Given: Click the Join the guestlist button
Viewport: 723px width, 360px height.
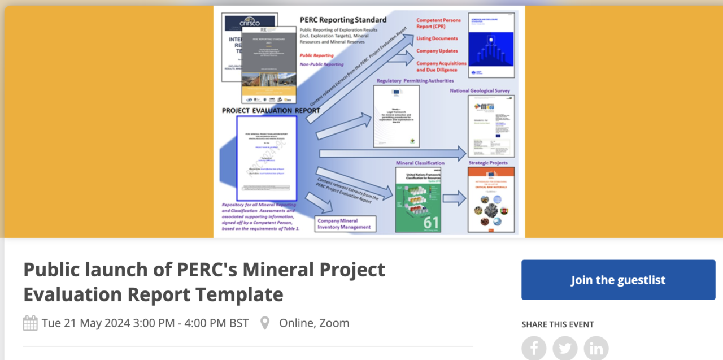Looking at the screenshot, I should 618,280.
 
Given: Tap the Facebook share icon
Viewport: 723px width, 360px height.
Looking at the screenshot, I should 534,348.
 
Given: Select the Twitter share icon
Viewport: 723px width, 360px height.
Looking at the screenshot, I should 565,348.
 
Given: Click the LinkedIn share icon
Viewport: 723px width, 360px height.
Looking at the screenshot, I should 596,348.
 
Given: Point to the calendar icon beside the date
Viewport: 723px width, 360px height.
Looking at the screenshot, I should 31,323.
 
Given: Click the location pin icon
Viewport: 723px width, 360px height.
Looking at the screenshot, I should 264,323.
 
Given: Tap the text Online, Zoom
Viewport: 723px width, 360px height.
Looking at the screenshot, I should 314,323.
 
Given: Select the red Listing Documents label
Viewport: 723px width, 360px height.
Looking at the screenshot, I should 437,38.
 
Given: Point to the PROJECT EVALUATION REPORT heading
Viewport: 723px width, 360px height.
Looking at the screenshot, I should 271,110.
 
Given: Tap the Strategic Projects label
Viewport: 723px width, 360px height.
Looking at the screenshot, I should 487,163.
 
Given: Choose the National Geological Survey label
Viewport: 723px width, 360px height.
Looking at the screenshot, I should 480,90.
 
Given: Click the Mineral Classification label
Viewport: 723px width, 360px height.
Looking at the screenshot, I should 420,163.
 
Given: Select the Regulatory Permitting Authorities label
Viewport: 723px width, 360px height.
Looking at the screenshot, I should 415,81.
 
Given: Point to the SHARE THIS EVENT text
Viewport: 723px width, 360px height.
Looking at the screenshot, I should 558,324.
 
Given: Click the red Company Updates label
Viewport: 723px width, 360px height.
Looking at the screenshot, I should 437,51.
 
